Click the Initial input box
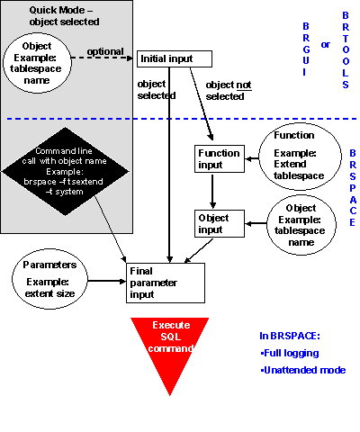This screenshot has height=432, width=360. point(174,58)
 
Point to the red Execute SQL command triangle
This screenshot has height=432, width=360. point(170,346)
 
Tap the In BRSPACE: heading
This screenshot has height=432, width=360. point(288,336)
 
